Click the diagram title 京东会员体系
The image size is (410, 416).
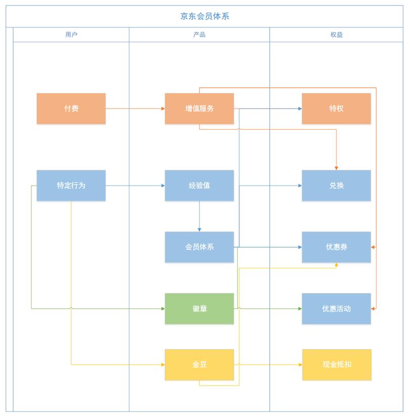pyautogui.click(x=205, y=16)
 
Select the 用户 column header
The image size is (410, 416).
pyautogui.click(x=71, y=34)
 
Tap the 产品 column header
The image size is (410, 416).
pyautogui.click(x=199, y=34)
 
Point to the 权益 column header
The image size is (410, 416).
pyautogui.click(x=337, y=34)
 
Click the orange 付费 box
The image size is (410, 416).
pyautogui.click(x=71, y=109)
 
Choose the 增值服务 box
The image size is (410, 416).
pyautogui.click(x=199, y=109)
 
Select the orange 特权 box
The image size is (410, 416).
pyautogui.click(x=337, y=109)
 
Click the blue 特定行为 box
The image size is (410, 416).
pyautogui.click(x=71, y=186)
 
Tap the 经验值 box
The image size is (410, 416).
pyautogui.click(x=199, y=186)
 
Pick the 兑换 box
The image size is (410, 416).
pyautogui.click(x=337, y=186)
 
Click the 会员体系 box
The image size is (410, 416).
pyautogui.click(x=199, y=247)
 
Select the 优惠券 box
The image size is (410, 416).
pyautogui.click(x=337, y=247)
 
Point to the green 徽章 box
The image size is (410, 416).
pyautogui.click(x=199, y=308)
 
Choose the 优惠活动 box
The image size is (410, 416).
pyautogui.click(x=337, y=308)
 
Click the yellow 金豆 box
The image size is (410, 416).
pyautogui.click(x=199, y=364)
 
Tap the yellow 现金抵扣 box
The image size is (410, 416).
pyautogui.click(x=337, y=364)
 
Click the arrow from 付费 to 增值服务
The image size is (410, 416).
pyautogui.click(x=135, y=109)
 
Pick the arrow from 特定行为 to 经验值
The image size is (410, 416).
pyautogui.click(x=135, y=186)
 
